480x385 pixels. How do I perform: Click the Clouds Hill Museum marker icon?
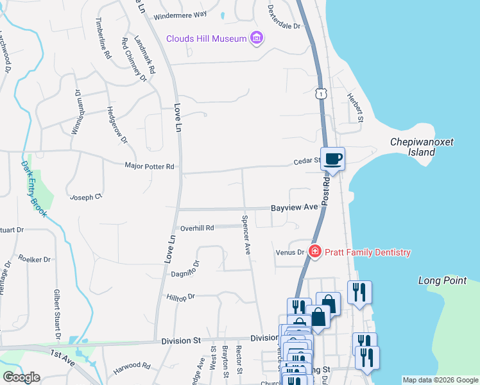257,38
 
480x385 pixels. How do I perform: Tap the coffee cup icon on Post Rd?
332,158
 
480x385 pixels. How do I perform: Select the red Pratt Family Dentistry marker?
314,252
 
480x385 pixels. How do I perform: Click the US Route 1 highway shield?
320,94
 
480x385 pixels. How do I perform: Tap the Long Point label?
442,280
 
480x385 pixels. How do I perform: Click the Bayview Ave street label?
294,208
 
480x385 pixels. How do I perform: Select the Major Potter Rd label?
150,167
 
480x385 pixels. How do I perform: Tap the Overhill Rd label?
197,228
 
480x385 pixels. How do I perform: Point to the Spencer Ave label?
246,234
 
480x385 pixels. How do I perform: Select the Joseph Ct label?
86,197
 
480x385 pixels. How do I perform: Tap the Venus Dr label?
291,252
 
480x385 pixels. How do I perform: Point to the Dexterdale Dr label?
284,19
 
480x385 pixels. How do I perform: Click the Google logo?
22,377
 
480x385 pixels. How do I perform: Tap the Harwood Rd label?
132,366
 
